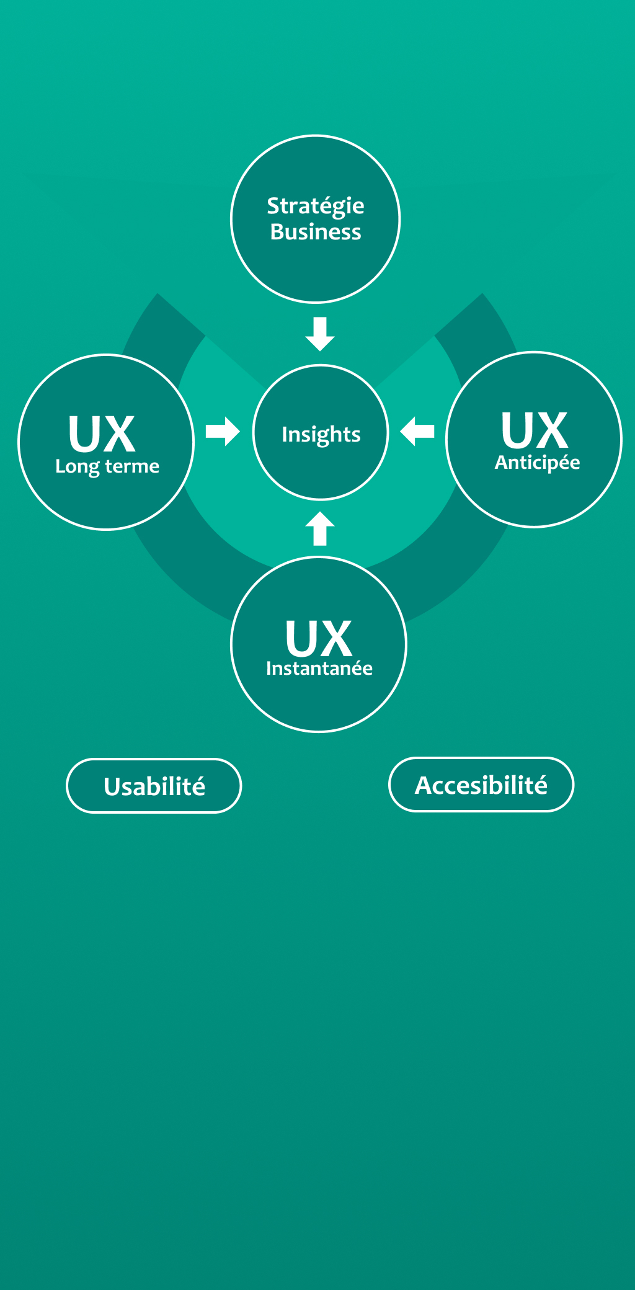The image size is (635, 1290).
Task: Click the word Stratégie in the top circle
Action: [x=316, y=207]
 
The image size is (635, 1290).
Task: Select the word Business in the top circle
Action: [x=316, y=232]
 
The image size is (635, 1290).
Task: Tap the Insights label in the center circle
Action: [x=321, y=435]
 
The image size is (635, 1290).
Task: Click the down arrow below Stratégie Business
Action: [x=320, y=334]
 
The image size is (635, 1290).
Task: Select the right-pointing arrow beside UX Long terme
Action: [x=223, y=432]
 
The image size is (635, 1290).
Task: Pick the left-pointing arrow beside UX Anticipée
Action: [x=417, y=431]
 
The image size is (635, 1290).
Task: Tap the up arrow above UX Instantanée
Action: [x=320, y=528]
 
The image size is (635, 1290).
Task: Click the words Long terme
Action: [x=107, y=466]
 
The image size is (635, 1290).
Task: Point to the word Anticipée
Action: [x=537, y=463]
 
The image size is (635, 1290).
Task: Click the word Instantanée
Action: [x=319, y=669]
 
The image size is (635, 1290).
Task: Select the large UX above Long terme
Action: [x=102, y=434]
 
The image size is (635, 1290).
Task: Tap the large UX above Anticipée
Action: [x=535, y=430]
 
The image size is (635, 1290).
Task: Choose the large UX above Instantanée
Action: [x=319, y=638]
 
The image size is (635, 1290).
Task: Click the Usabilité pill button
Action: [x=154, y=786]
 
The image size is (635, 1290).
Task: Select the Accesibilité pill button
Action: [x=481, y=785]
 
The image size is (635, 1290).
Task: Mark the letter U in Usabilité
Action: [x=112, y=786]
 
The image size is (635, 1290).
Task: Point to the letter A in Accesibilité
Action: [x=424, y=785]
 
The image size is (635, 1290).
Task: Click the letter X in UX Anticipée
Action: [x=551, y=430]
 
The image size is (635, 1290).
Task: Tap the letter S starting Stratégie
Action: [x=273, y=206]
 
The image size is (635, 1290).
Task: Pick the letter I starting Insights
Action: [x=284, y=434]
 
